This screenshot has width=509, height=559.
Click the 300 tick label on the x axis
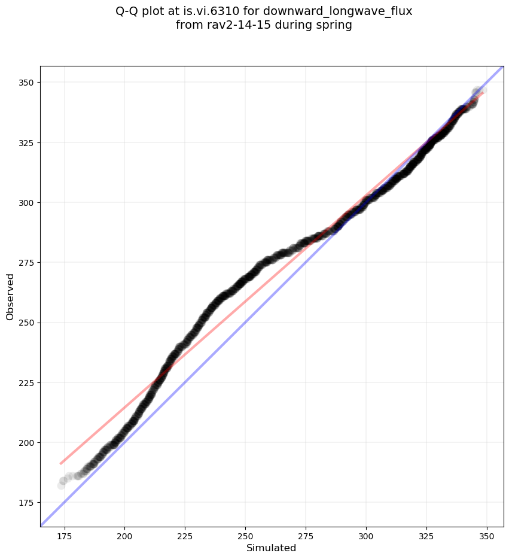[x=365, y=536]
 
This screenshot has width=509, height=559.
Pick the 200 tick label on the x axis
[x=124, y=536]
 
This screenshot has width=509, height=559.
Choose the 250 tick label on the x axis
[x=245, y=536]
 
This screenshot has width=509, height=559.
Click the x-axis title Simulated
[x=272, y=548]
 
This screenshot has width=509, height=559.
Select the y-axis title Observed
[x=10, y=297]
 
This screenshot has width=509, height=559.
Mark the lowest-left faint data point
[x=62, y=485]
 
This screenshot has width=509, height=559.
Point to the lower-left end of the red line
[x=60, y=463]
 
